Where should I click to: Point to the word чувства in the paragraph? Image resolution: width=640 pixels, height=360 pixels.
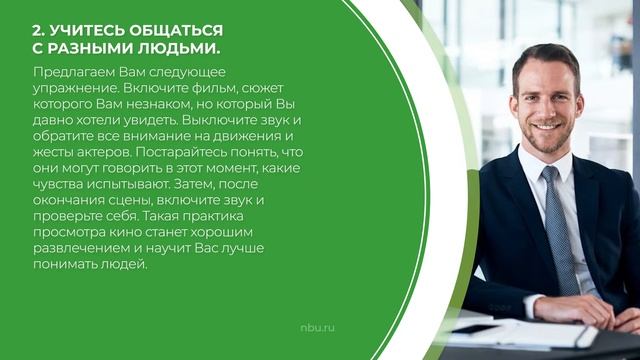57,184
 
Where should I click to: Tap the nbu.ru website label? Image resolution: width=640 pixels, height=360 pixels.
319,327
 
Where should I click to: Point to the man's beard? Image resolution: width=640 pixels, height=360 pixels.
545,140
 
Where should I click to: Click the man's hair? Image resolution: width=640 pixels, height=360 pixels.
545,60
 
